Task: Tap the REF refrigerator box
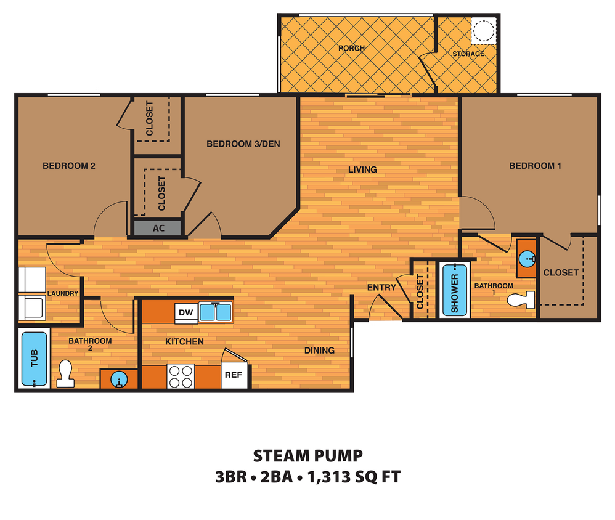(233, 375)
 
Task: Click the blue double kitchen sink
(214, 312)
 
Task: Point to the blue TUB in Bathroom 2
(35, 359)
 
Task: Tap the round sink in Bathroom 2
(118, 380)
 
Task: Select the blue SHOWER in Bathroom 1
(455, 289)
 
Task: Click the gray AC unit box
(158, 228)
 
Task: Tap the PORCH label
(352, 48)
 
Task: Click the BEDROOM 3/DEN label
(243, 144)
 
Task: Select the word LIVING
(362, 169)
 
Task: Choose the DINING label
(319, 351)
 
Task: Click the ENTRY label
(381, 288)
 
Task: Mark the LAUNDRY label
(62, 293)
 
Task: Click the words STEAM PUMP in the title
(307, 457)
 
